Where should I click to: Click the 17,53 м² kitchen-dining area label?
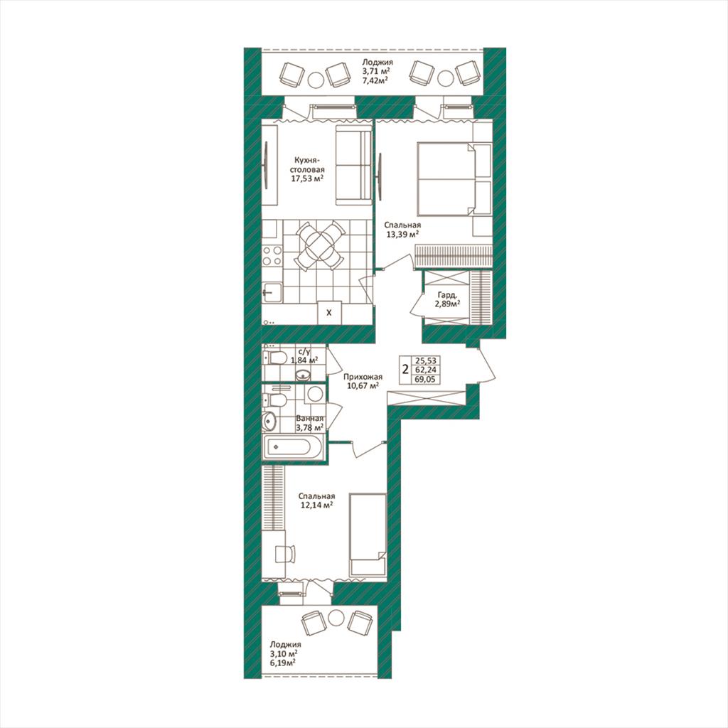tap(307, 178)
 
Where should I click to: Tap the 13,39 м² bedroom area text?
tap(402, 235)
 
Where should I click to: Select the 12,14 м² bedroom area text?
tap(317, 505)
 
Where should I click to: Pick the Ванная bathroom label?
tap(310, 418)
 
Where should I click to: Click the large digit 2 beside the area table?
tap(405, 370)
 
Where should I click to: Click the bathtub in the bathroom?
tap(293, 446)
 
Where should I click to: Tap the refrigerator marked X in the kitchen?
tap(329, 313)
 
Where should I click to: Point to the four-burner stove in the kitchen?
tap(272, 256)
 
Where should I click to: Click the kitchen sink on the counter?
tap(272, 292)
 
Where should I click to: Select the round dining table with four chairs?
tap(319, 246)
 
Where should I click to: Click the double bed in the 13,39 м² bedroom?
tap(454, 179)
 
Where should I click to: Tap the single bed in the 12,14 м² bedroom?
tap(368, 535)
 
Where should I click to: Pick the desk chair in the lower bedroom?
tap(285, 554)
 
